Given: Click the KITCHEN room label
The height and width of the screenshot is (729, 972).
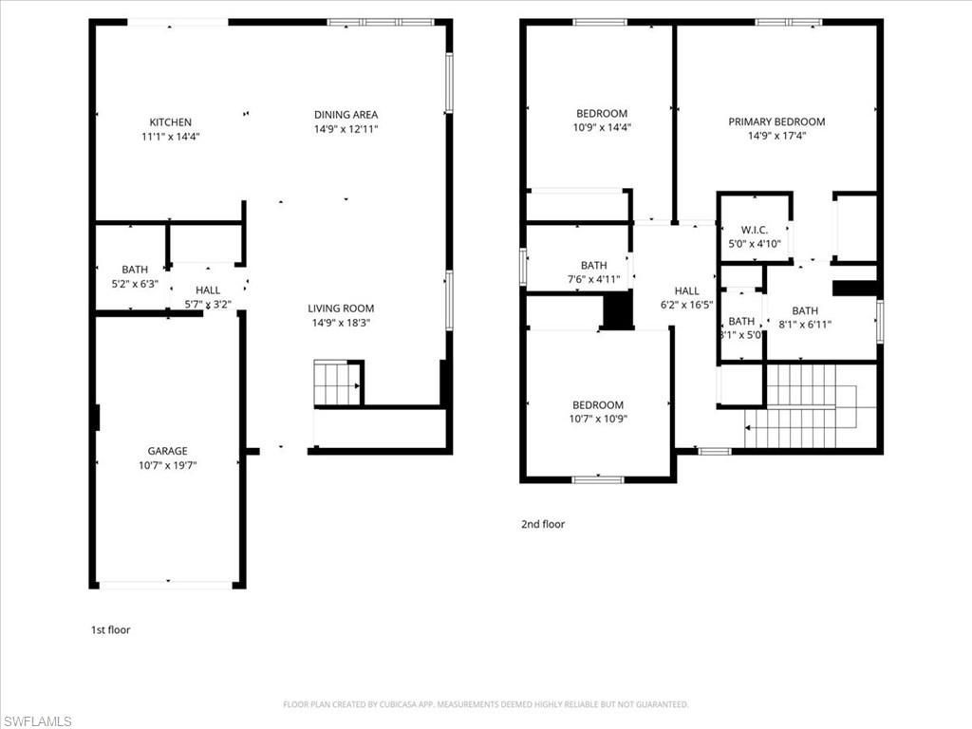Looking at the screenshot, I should pos(171,122).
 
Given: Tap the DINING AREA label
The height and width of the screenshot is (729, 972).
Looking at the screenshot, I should pos(346,115).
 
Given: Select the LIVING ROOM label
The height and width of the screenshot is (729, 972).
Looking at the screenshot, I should pos(341,308).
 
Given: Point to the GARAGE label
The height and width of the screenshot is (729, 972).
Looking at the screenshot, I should pos(167,451).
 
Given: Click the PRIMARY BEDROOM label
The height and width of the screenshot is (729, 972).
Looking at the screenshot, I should pos(776,121).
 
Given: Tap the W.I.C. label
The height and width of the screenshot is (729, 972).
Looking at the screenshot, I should pos(754,231).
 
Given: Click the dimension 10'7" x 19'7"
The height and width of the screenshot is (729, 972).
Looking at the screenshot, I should pos(167,465).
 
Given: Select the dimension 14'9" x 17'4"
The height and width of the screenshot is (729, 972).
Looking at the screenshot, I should pos(776,136).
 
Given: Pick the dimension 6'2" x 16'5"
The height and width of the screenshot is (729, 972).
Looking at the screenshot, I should pos(686,305).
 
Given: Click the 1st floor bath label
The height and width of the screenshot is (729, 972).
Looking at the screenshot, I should pos(135,270).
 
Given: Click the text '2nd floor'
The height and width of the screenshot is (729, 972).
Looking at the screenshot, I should pos(543,524).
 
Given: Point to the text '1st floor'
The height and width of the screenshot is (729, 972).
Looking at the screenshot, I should pos(110,629).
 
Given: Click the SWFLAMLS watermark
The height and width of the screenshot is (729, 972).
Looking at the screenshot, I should pos(37,721).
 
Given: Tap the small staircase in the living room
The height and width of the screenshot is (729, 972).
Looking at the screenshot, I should pos(337,383).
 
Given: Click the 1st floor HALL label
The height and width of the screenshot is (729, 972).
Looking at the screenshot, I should pos(208,290).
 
